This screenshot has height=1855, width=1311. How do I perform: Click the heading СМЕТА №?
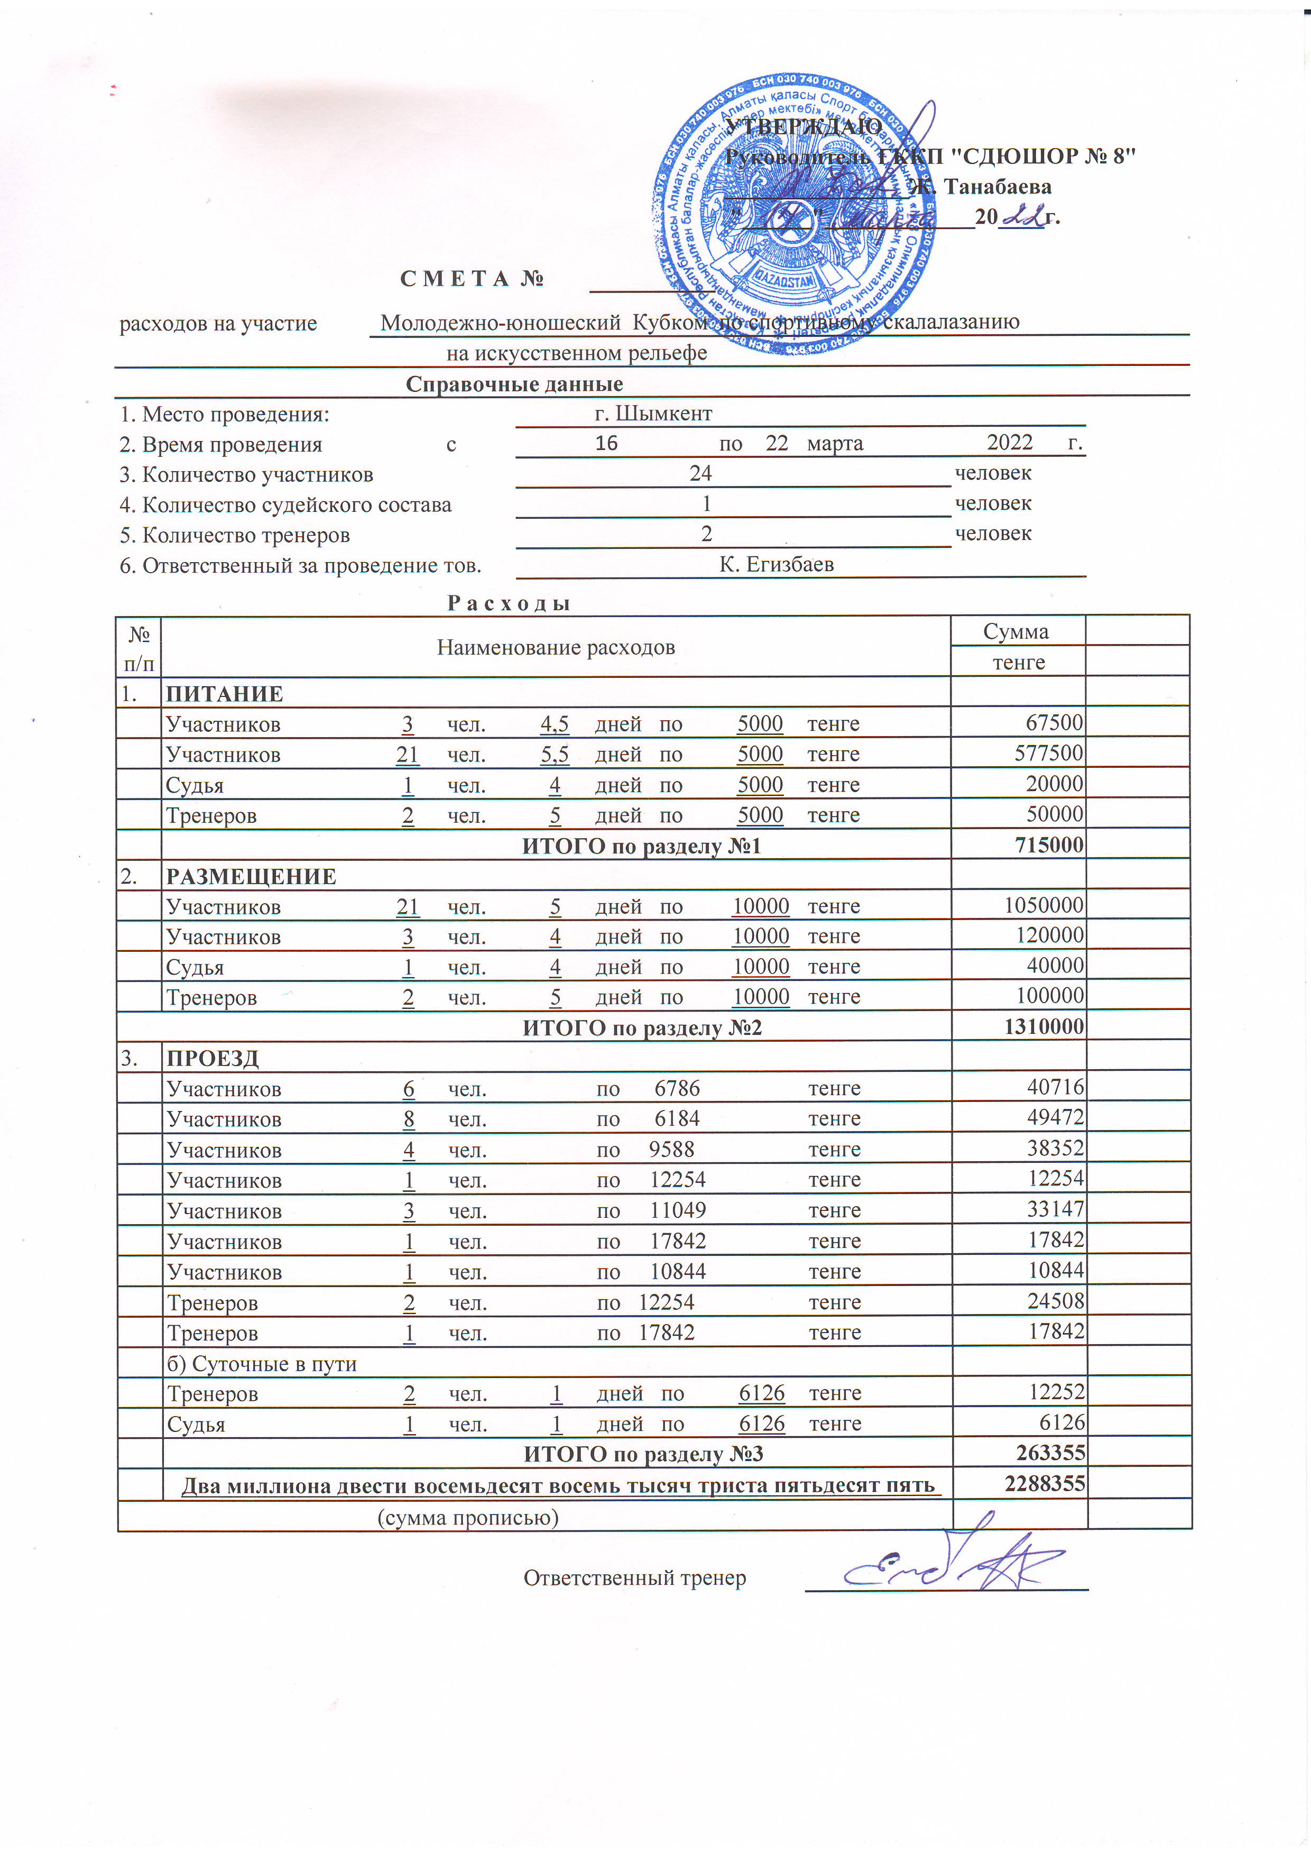(472, 279)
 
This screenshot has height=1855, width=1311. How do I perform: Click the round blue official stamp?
(794, 216)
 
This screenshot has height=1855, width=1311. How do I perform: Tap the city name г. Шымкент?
(653, 414)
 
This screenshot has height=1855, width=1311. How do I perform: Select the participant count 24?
(700, 473)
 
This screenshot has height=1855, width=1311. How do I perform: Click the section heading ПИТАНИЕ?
(225, 694)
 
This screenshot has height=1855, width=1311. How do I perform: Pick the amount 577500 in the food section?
(1048, 753)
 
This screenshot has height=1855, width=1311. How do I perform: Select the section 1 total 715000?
(1048, 845)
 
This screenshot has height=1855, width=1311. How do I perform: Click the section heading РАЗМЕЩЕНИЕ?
(251, 877)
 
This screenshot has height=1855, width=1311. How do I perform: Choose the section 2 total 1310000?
(1044, 1027)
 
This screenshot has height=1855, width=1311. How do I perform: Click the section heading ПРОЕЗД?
(213, 1059)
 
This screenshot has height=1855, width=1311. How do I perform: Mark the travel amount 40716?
(1055, 1088)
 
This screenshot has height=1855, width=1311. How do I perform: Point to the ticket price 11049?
(678, 1210)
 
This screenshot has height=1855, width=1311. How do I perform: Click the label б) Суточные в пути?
(262, 1364)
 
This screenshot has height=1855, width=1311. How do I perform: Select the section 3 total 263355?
(1050, 1453)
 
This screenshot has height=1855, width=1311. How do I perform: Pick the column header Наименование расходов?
(556, 647)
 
